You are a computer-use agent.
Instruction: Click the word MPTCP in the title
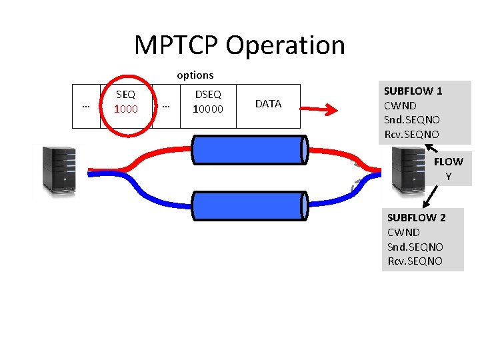click(176, 45)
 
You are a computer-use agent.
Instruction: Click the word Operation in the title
click(285, 46)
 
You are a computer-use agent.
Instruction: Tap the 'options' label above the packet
click(195, 75)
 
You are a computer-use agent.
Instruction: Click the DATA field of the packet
click(268, 104)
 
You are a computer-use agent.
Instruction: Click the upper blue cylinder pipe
click(249, 149)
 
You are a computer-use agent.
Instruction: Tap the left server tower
click(58, 170)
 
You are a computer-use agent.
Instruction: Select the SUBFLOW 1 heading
click(413, 91)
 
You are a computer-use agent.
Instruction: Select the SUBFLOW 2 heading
click(417, 218)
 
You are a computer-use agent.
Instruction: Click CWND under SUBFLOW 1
click(401, 105)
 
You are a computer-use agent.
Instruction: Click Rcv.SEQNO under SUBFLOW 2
click(415, 261)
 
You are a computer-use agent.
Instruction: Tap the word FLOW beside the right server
click(448, 162)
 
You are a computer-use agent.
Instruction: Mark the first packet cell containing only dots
click(85, 105)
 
